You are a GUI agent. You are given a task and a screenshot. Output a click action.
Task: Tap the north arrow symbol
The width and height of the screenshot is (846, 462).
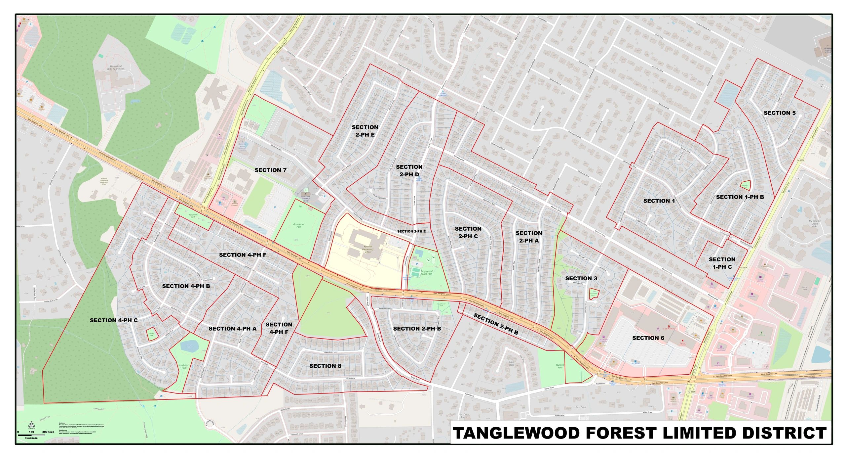[31, 425]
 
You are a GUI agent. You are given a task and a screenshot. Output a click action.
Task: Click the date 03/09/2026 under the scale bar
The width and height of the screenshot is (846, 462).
[31, 438]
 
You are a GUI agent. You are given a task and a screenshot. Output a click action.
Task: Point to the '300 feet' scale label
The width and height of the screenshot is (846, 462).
[48, 432]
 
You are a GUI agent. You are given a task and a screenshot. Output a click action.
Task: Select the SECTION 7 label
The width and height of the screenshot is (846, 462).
[270, 170]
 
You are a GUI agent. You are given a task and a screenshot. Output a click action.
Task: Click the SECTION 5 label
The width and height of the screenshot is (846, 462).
[780, 113]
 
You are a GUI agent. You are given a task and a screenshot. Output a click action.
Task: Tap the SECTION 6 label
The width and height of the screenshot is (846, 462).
[648, 338]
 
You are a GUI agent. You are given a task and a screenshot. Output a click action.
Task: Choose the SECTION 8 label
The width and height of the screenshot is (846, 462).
[325, 366]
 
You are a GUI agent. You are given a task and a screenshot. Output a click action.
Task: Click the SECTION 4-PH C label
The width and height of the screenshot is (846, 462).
[114, 320]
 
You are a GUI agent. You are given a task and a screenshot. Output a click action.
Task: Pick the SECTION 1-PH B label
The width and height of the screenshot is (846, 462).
[740, 197]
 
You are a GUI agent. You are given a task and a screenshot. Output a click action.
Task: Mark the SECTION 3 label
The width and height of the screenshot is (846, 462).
[581, 278]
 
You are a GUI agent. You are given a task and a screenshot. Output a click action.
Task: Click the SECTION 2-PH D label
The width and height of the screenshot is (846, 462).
[409, 170]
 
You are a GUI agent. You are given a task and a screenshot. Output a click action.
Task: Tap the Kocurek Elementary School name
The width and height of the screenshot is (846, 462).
[368, 249]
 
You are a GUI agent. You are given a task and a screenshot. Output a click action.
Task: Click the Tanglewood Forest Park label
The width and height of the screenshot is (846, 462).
[426, 272]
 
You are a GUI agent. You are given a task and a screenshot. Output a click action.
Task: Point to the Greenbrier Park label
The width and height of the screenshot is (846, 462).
[299, 225]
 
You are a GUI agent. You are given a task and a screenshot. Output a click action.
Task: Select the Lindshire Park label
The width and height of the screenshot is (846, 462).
[184, 366]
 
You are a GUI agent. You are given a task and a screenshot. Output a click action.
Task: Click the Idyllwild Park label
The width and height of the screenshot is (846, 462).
[560, 366]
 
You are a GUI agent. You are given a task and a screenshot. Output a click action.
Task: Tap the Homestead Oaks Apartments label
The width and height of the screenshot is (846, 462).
[116, 68]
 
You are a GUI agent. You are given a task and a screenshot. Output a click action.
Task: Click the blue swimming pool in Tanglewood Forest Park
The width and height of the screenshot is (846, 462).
[419, 253]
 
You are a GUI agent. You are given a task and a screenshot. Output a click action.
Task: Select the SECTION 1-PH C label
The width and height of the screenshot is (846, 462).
[722, 263]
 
